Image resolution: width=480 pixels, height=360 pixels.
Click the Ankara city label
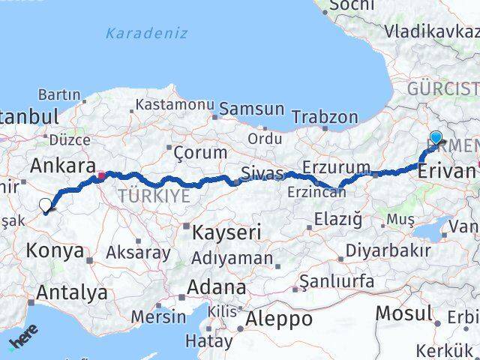[x=63, y=165]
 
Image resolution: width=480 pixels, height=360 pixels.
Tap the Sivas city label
[x=262, y=175]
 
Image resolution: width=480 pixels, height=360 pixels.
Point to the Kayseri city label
[x=227, y=232]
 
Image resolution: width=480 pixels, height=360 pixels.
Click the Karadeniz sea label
[x=146, y=34]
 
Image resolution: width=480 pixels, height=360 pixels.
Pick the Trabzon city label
[x=325, y=117]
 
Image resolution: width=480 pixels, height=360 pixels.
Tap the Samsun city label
[x=252, y=109]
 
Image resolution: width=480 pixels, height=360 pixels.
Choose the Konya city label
[x=55, y=250]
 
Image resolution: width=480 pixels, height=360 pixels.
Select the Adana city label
[x=217, y=286]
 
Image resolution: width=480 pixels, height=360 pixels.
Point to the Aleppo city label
[x=278, y=318]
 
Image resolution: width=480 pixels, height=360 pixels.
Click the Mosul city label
[x=403, y=312]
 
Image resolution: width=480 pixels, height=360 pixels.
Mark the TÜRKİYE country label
[x=154, y=196]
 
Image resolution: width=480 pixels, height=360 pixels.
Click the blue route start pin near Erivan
[x=436, y=137]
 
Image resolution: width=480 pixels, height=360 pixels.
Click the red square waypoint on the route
[x=102, y=178]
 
